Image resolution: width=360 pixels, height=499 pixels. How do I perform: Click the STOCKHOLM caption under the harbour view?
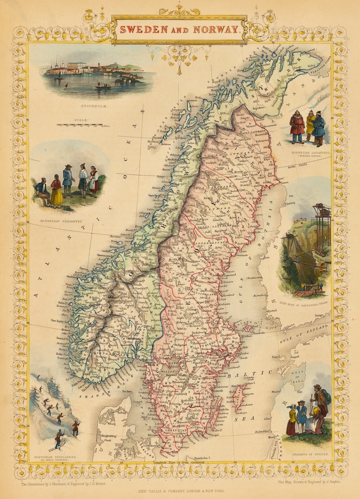click(x=90, y=106)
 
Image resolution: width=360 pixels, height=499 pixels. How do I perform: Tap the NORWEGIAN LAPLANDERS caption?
click(x=311, y=154)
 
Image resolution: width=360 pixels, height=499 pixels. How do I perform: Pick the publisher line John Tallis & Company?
click(x=181, y=491)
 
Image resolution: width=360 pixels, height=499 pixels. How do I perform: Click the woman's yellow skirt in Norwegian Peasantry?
click(x=57, y=196)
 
